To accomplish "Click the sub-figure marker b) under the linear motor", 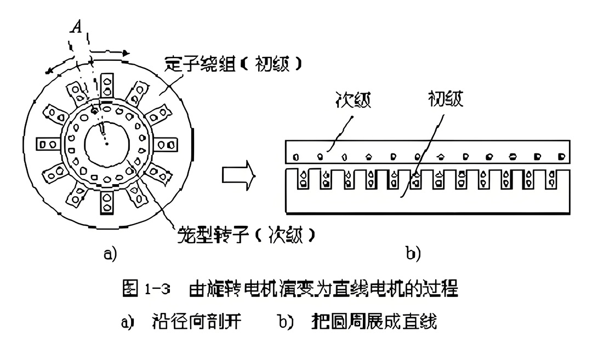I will pos(413,254).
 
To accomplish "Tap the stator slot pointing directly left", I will pos(47,145).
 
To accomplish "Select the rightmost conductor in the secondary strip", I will pos(561,156).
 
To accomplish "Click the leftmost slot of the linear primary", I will pos(302,180).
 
